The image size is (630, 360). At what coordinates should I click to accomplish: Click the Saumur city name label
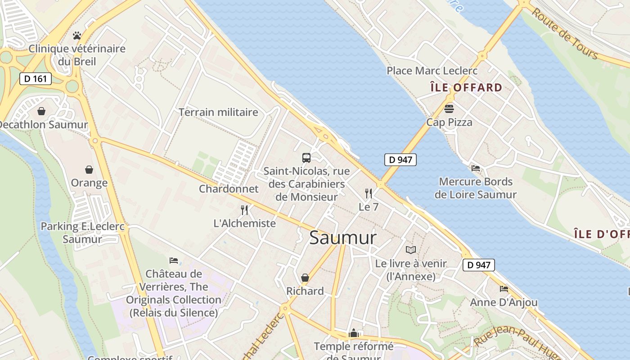[342, 238]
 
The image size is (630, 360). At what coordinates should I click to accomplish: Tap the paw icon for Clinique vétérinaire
[77, 35]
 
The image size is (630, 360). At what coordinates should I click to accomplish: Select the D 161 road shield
[36, 79]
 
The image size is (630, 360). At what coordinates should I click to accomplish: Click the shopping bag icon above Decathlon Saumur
[41, 111]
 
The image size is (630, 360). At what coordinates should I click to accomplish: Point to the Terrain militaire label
[218, 112]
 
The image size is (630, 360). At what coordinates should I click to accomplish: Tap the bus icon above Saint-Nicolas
[306, 158]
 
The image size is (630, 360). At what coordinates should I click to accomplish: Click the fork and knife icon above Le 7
[369, 193]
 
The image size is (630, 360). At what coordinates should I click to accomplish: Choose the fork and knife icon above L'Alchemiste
[244, 210]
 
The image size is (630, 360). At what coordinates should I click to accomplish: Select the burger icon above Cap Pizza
[449, 108]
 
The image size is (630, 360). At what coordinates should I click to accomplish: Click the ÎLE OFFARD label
[466, 87]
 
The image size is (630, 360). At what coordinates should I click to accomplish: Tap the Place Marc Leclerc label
[432, 71]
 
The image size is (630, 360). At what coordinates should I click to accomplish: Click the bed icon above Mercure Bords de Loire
[476, 168]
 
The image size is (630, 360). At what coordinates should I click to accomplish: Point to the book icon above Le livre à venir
[411, 250]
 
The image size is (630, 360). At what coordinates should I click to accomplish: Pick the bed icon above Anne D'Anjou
[504, 288]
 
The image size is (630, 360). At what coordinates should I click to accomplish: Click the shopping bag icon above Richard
[305, 278]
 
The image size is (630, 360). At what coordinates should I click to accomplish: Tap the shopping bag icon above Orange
[89, 170]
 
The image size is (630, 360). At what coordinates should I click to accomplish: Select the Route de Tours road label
[565, 33]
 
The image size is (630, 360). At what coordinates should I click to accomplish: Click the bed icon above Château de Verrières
[174, 260]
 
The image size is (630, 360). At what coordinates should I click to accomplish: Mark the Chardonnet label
[229, 189]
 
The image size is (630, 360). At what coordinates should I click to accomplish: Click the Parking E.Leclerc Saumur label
[82, 232]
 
